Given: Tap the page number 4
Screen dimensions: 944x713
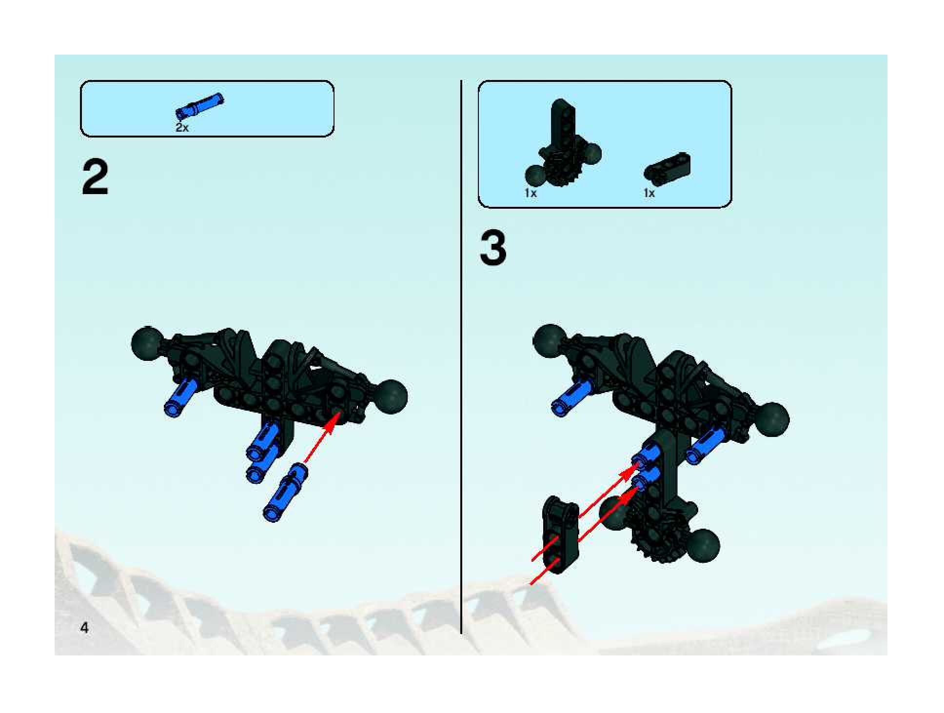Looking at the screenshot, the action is tap(84, 628).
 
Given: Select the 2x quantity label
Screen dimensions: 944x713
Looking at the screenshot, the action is tap(182, 128).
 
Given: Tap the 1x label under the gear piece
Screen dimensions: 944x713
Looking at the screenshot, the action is tap(531, 193).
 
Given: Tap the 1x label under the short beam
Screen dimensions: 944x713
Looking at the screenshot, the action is tap(649, 193).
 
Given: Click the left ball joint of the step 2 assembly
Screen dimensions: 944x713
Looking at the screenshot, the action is tap(147, 343).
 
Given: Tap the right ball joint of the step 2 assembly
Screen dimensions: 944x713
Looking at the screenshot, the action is tap(391, 396).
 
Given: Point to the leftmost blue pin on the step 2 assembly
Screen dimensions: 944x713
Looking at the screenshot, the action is tap(180, 397).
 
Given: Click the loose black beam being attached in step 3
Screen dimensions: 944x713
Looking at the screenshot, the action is tap(561, 534).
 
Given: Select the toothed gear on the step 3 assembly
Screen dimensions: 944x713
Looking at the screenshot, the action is tap(653, 536).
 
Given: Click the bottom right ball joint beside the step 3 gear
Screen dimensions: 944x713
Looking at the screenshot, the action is tap(704, 544).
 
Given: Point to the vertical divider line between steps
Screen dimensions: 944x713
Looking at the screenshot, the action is tap(461, 356).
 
